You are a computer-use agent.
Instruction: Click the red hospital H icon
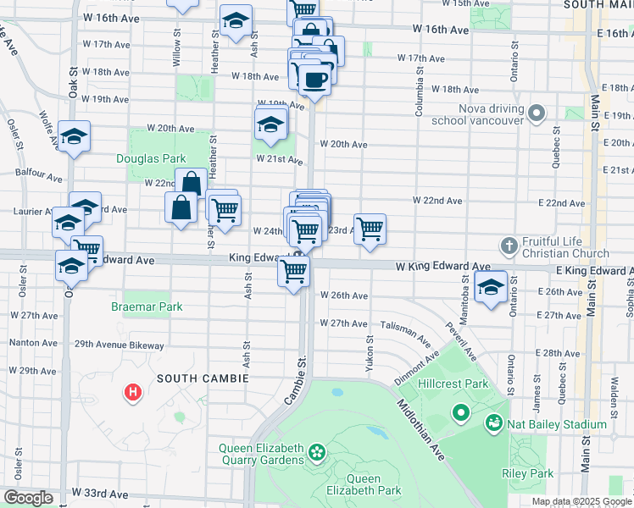(132, 392)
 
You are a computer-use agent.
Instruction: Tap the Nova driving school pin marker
(536, 113)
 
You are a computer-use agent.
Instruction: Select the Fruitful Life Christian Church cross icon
(508, 246)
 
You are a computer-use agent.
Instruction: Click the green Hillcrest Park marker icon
(461, 413)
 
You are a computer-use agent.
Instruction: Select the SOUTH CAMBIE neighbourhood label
(202, 378)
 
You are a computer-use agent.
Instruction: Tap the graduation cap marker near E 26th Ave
(490, 288)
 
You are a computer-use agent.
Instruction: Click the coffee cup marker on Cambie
(314, 80)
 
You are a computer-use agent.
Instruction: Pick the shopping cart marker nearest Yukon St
(370, 229)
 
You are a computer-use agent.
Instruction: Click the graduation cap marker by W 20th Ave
(270, 124)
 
